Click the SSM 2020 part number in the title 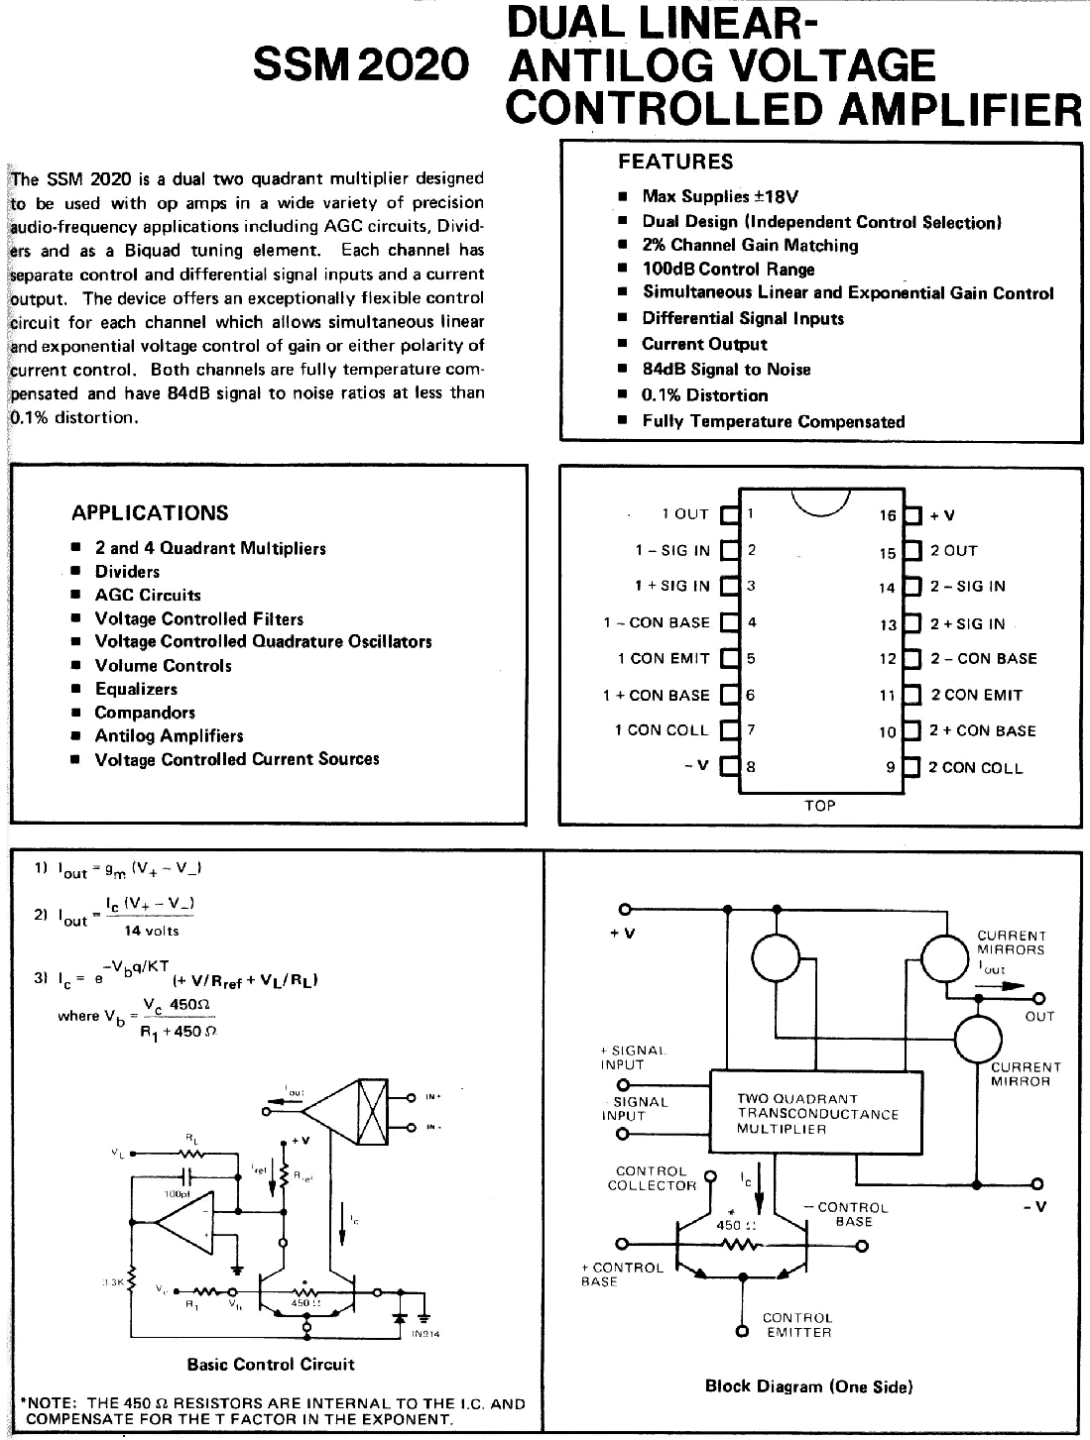(360, 65)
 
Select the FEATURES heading (675, 162)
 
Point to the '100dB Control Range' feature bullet (728, 269)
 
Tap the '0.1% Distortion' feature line (704, 394)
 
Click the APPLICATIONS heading (150, 512)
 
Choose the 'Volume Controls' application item (163, 665)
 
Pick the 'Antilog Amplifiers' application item (169, 735)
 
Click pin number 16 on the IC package (888, 515)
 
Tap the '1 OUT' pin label (685, 514)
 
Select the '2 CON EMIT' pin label (976, 695)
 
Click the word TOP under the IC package (820, 806)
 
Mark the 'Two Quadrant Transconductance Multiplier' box (817, 1113)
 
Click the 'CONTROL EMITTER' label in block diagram (797, 1325)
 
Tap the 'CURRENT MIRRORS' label (1011, 942)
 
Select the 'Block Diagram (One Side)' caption (807, 1385)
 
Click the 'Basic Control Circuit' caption (271, 1364)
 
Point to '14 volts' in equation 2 (152, 931)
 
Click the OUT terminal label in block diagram (1039, 1016)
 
